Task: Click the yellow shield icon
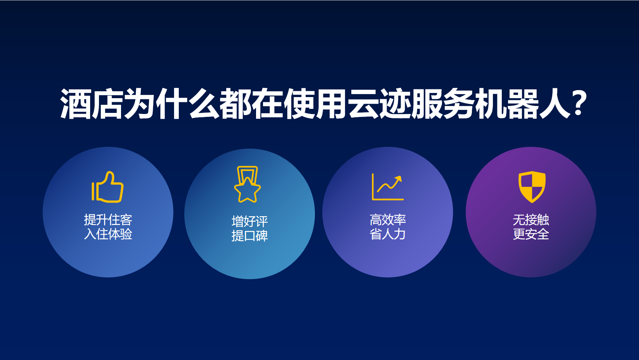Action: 532,187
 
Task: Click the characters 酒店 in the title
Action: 92,104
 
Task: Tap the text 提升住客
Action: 108,220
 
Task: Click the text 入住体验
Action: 108,234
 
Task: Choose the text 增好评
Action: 250,221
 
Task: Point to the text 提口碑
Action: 250,236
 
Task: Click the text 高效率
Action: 388,220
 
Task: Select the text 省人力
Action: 388,234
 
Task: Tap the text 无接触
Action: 531,220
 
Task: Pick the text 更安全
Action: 531,234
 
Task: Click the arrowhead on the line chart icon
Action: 398,179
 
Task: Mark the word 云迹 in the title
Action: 379,104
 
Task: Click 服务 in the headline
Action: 443,104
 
